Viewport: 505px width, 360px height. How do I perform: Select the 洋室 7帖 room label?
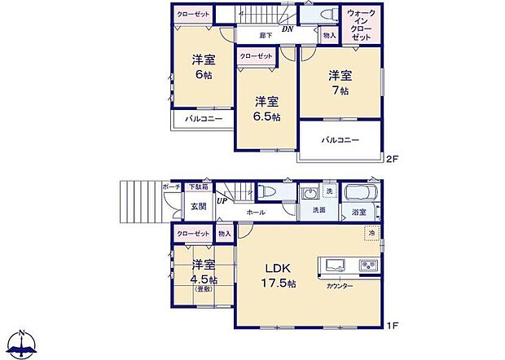[340, 83]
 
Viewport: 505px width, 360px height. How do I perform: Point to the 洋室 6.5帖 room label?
[266, 109]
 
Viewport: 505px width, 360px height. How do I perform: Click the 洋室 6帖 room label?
[204, 67]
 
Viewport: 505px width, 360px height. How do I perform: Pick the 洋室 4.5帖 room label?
[204, 273]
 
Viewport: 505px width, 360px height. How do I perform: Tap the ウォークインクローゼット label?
[361, 26]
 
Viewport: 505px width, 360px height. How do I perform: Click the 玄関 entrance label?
[199, 206]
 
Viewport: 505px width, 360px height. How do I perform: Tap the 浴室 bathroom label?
[358, 212]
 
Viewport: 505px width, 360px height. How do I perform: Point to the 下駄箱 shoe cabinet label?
[198, 187]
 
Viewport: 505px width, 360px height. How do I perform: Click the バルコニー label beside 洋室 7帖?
[340, 140]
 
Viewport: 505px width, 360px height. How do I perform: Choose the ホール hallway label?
[257, 212]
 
